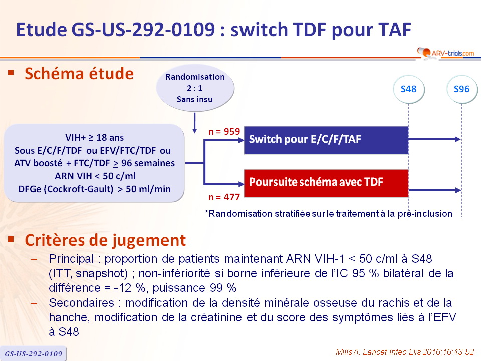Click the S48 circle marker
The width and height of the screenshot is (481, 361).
pos(409,89)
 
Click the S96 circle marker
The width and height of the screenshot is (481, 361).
pos(461,89)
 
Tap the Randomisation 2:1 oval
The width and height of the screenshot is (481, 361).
pos(195,88)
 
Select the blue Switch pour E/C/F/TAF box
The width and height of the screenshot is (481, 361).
pos(326,140)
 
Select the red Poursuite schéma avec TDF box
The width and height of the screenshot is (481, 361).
pos(326,183)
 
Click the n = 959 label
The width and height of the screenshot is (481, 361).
pos(224,132)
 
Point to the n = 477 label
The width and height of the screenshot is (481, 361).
pos(224,197)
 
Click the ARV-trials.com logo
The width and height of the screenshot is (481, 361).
pos(446,53)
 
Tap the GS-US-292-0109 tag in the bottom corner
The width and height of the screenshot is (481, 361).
pos(33,353)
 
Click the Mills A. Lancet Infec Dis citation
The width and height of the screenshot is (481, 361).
pos(405,352)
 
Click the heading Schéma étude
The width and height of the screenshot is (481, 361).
pos(79,74)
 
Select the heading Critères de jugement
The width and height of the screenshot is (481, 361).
pos(105,240)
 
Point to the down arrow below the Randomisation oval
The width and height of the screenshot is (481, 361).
pos(194,123)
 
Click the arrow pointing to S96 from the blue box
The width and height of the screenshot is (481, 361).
pos(435,139)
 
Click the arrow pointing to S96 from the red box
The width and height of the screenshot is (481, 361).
pos(435,190)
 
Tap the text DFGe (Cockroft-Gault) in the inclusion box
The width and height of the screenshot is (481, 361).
pos(66,189)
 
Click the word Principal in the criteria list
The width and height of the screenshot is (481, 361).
pos(71,259)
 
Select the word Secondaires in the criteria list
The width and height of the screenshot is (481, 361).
pos(81,303)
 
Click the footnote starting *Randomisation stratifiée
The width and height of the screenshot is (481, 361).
pos(329,214)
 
